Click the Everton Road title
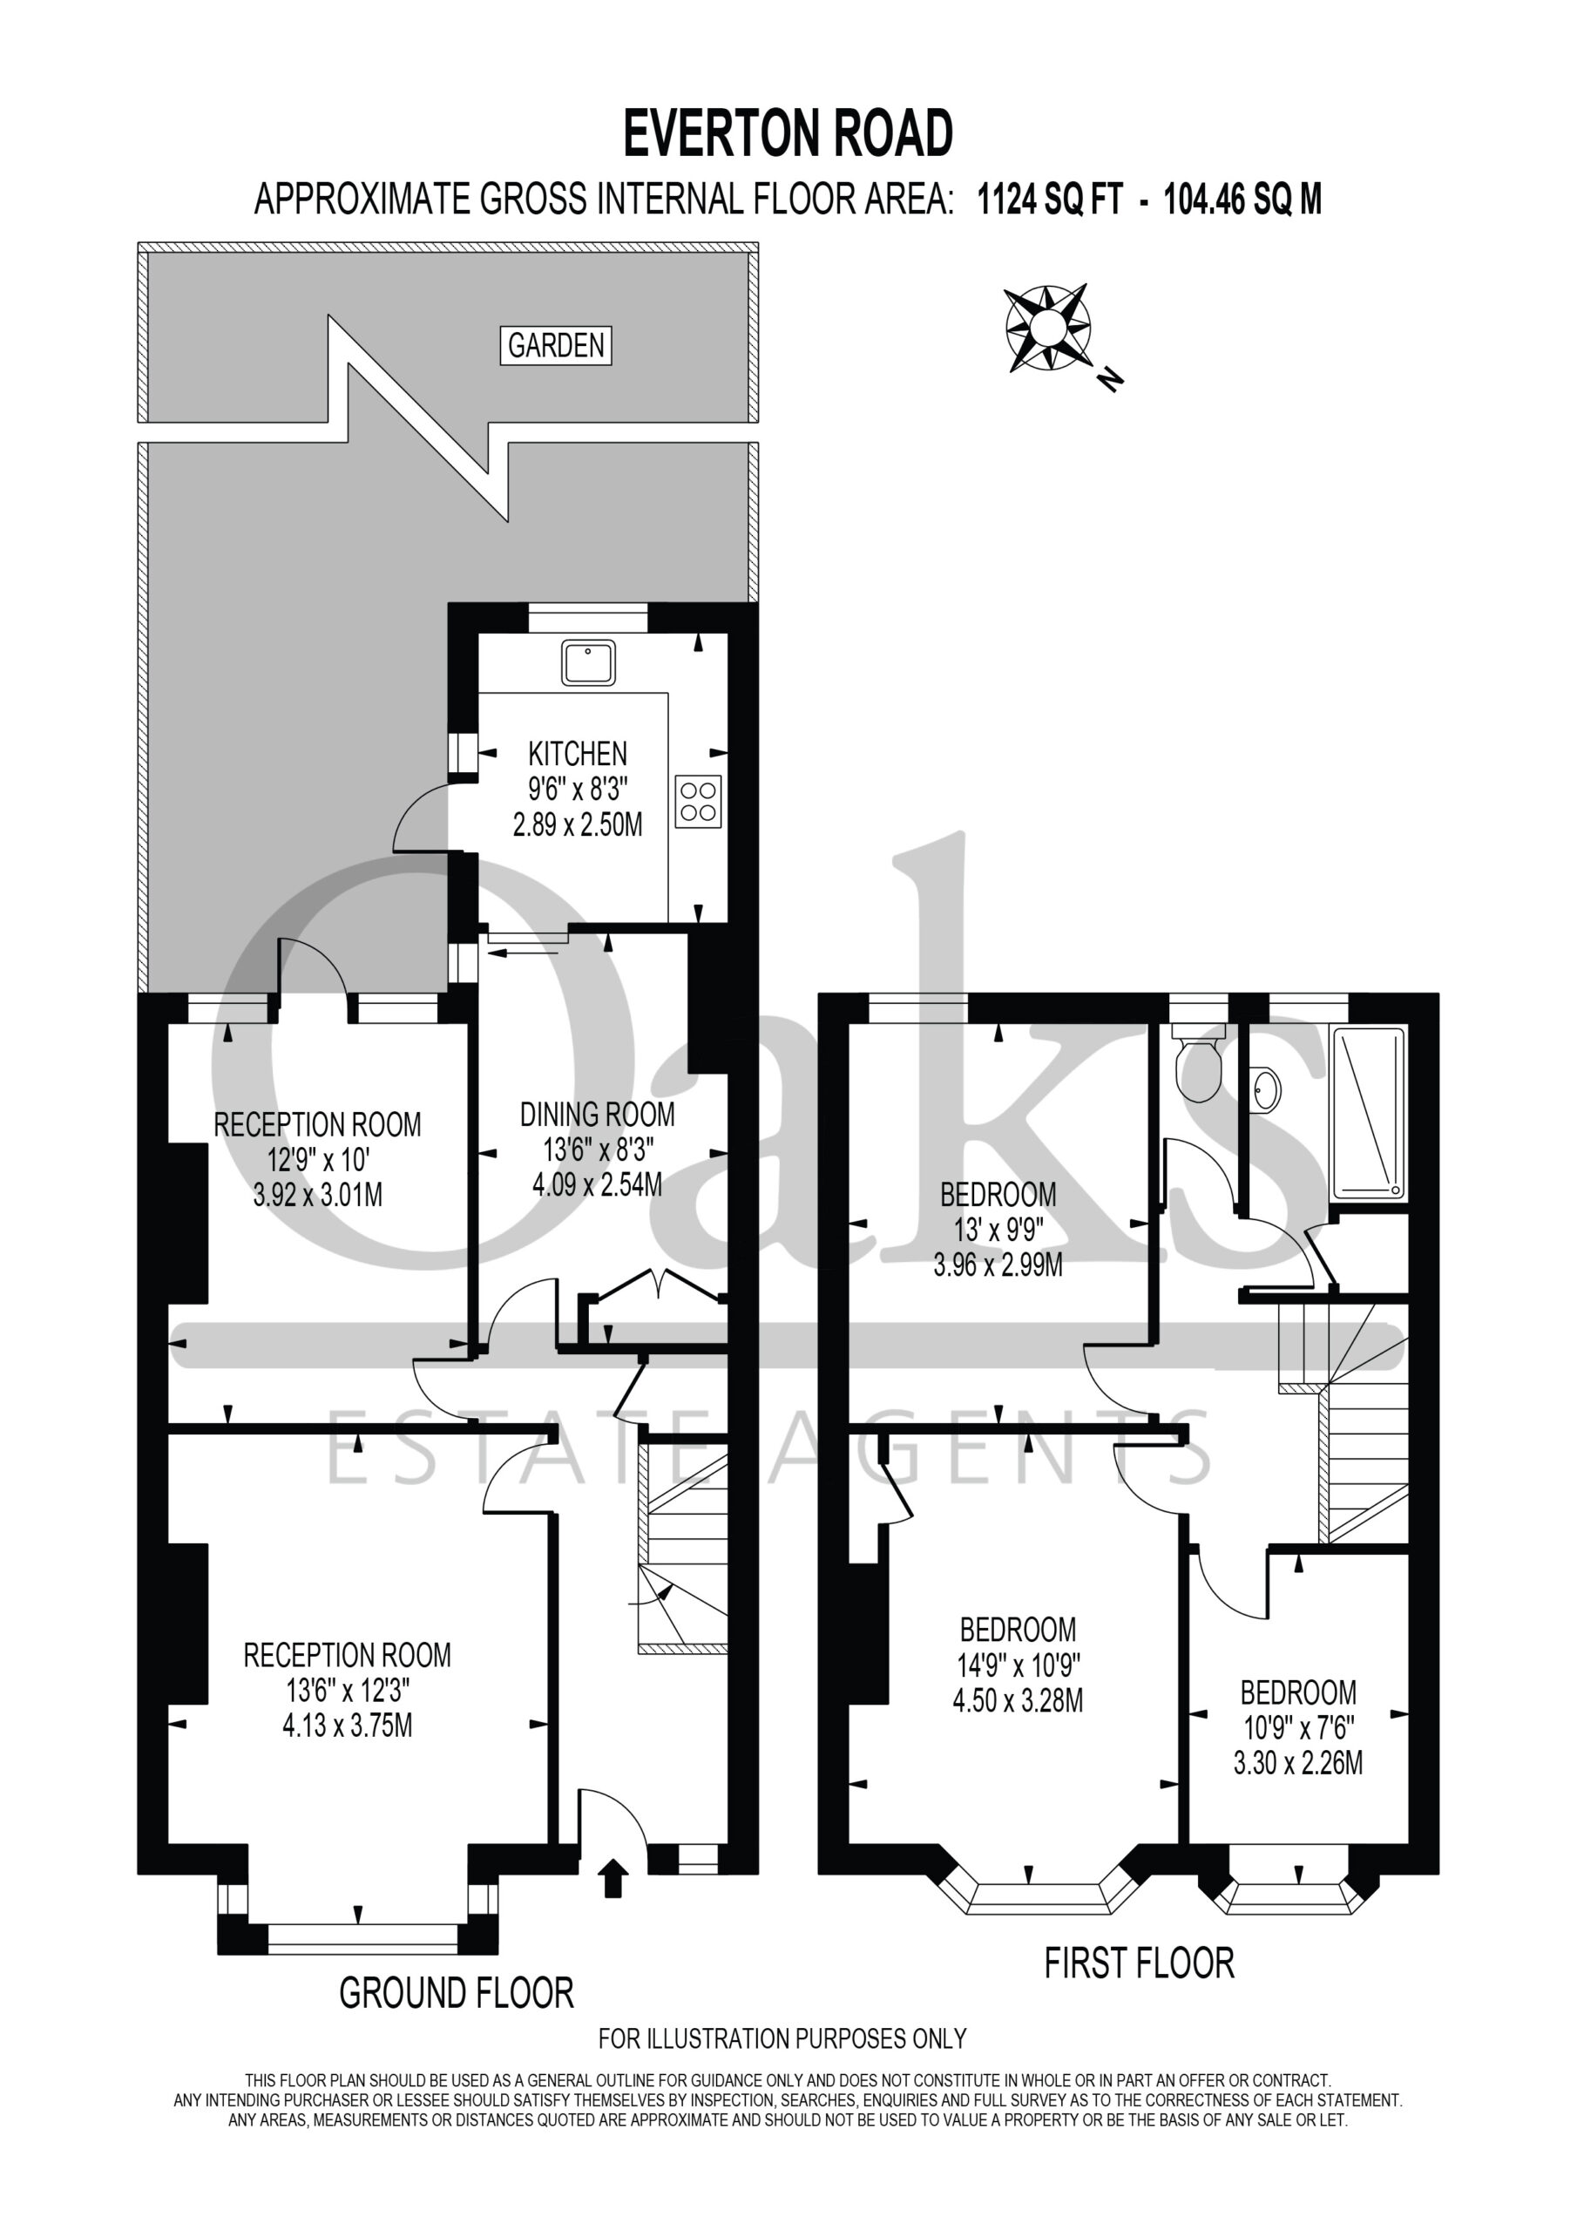(x=787, y=133)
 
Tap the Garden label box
(x=556, y=345)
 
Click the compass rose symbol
(x=1047, y=328)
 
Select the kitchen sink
(x=588, y=661)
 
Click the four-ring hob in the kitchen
(x=699, y=802)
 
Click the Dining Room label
(x=597, y=1115)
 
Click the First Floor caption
(x=1139, y=1963)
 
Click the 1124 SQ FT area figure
(x=1049, y=200)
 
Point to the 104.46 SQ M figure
(x=1242, y=200)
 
